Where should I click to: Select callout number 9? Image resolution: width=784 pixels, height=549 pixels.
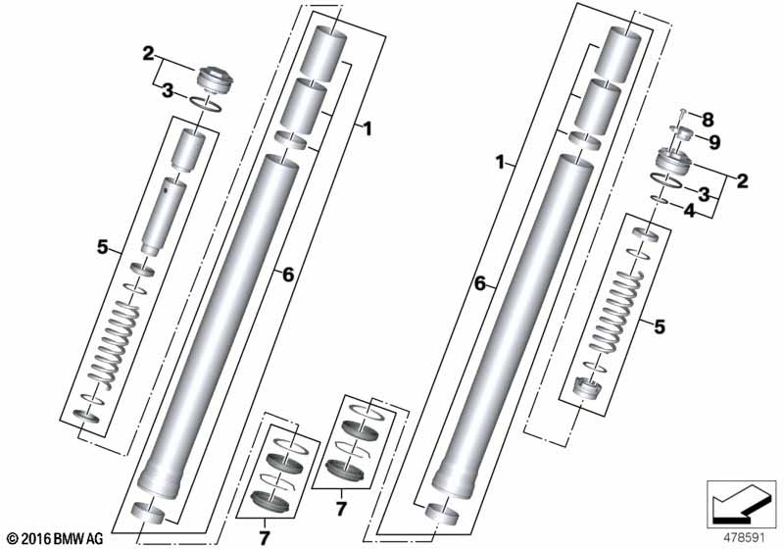[714, 142]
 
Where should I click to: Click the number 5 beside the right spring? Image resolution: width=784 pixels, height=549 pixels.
[660, 326]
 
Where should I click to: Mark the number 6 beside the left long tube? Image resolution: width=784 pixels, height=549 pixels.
[288, 275]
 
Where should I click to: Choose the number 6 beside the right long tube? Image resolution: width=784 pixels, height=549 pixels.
[479, 283]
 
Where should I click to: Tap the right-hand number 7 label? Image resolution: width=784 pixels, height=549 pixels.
[340, 508]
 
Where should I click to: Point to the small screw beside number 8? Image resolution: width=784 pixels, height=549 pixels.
[685, 116]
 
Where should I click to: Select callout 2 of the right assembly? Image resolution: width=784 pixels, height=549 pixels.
[742, 180]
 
